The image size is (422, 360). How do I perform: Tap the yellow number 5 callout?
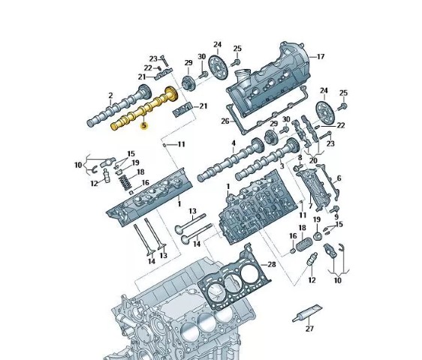[144, 125]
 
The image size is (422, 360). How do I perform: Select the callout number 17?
[321, 57]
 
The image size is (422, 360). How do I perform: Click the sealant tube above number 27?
[307, 313]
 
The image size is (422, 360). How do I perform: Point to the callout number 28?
[272, 265]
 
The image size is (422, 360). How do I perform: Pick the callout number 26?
[225, 121]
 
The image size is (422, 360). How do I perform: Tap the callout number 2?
[110, 95]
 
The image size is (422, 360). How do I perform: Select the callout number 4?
[234, 142]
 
